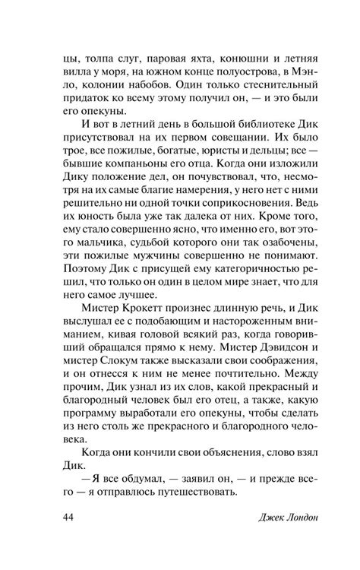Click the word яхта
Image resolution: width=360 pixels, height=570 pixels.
(195, 56)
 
